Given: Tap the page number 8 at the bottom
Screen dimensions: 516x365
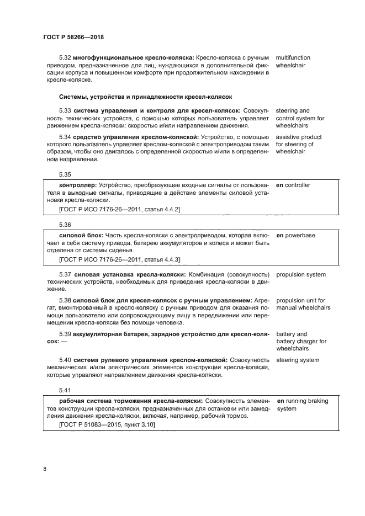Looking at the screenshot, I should [44, 469].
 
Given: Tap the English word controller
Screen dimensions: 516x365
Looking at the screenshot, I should [298, 185].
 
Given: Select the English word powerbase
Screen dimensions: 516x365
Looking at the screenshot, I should [300, 236].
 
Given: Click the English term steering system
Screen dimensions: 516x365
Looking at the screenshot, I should [297, 360].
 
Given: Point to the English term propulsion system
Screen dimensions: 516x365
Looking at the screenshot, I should [300, 275].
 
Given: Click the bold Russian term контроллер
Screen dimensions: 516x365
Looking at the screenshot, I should [78, 185].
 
